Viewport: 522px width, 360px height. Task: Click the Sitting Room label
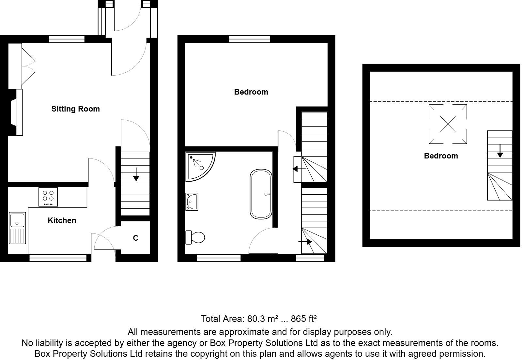pos(75,109)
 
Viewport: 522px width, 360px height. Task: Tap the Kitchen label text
pos(62,220)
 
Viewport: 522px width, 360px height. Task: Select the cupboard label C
pos(136,238)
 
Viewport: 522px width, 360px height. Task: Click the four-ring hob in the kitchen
pos(48,196)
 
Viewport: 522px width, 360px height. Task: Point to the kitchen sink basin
pos(17,220)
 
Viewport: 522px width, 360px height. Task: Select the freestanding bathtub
pos(261,194)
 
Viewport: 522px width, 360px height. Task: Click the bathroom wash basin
pos(192,202)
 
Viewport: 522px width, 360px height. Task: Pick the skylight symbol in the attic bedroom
pos(448,124)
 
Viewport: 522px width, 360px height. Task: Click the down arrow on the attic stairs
pos(500,151)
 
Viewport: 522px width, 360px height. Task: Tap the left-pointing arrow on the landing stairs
pos(299,169)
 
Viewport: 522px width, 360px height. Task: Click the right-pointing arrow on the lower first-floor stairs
pos(306,242)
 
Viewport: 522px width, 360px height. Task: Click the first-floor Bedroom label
pos(251,92)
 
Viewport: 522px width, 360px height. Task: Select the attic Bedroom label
pos(441,156)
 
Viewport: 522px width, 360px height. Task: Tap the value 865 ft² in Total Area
pos(304,319)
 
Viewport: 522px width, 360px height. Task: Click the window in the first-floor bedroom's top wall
pos(250,39)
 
